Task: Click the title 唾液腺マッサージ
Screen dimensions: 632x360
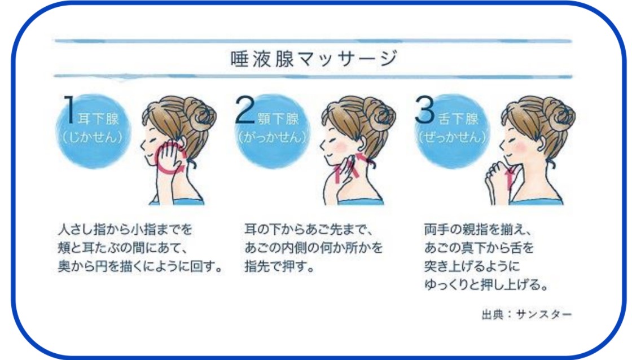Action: pyautogui.click(x=314, y=59)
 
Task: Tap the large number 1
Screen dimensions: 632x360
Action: pyautogui.click(x=70, y=109)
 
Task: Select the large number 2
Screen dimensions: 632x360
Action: pyautogui.click(x=245, y=109)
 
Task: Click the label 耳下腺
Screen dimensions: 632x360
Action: pyautogui.click(x=98, y=119)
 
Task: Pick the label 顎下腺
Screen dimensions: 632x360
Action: pyautogui.click(x=278, y=119)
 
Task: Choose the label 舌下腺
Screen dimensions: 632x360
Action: pyautogui.click(x=458, y=119)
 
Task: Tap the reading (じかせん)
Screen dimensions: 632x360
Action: pyautogui.click(x=93, y=137)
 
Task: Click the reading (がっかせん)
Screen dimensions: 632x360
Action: pyautogui.click(x=273, y=137)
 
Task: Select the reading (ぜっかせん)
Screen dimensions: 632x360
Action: pyautogui.click(x=452, y=137)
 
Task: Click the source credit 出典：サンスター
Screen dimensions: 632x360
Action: pyautogui.click(x=527, y=314)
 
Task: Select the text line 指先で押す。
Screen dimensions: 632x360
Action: pyautogui.click(x=279, y=266)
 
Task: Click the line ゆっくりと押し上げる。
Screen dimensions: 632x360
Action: pyautogui.click(x=486, y=285)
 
